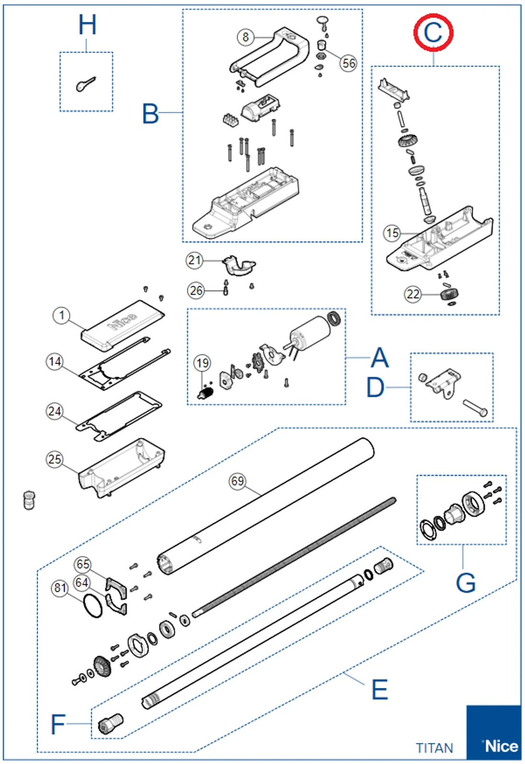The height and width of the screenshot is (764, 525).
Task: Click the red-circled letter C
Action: tap(433, 33)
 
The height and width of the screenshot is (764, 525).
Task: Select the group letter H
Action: tap(87, 25)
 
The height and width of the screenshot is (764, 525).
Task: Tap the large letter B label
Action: tap(150, 114)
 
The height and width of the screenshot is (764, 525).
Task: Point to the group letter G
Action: tap(465, 583)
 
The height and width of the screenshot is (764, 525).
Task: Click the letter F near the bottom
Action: tap(57, 724)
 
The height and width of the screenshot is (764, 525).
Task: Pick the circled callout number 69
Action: tap(238, 481)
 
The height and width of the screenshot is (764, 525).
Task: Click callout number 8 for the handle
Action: tap(245, 37)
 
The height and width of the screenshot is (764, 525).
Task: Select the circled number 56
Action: tap(349, 63)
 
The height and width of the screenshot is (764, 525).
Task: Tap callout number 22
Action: tap(413, 294)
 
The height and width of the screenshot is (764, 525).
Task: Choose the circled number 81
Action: tap(60, 588)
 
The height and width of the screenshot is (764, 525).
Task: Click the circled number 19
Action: tap(202, 363)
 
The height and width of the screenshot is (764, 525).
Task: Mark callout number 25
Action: tap(55, 459)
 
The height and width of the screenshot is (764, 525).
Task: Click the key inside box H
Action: tap(86, 84)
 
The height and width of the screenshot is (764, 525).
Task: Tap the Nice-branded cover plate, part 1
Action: tap(123, 324)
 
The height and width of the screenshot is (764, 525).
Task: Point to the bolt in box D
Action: tap(475, 408)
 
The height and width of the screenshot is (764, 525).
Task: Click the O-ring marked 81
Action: tap(92, 606)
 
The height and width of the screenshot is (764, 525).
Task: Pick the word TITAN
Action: tap(434, 748)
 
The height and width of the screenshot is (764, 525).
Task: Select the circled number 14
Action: tap(55, 361)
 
